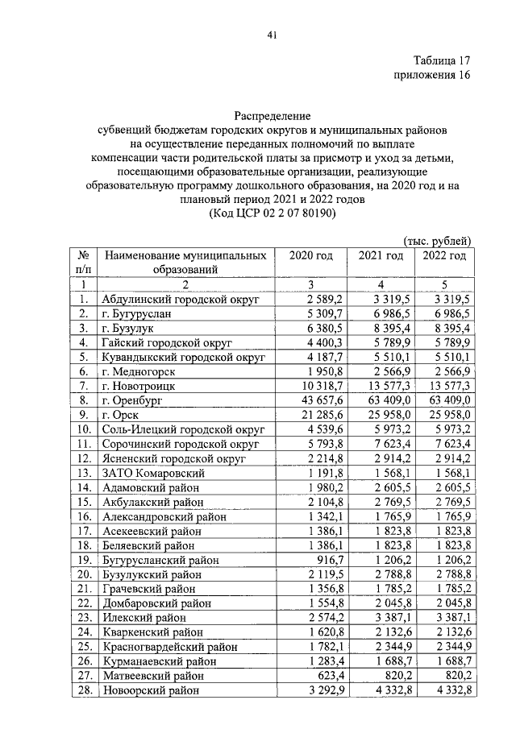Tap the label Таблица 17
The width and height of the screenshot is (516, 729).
[x=440, y=61]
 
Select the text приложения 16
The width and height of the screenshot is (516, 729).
[x=431, y=76]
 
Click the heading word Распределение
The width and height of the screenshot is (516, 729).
[x=273, y=117]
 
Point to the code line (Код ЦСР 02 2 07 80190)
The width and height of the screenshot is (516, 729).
[x=273, y=213]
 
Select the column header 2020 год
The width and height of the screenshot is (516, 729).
[x=310, y=256]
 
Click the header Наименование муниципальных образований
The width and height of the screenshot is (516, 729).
[x=185, y=263]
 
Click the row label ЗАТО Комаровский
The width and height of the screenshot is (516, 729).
[x=153, y=473]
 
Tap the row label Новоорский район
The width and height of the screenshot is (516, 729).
[x=152, y=690]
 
